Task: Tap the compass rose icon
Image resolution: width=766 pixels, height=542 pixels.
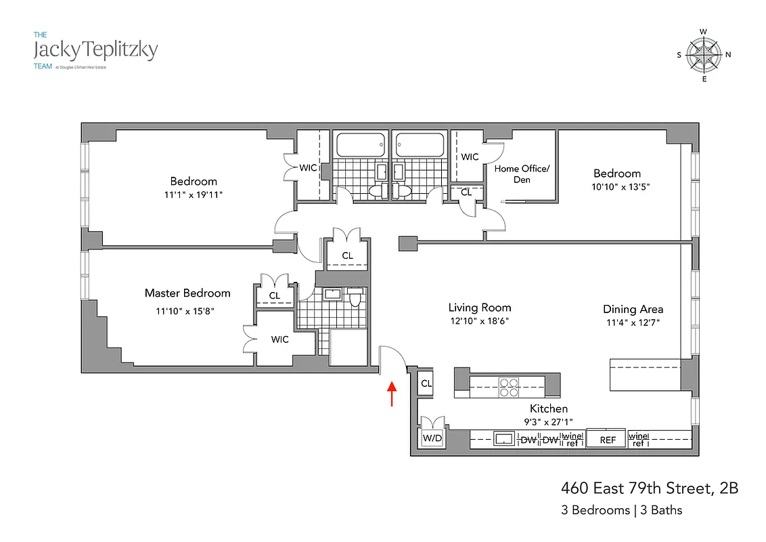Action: click(704, 56)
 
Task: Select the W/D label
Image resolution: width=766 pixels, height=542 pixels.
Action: click(431, 439)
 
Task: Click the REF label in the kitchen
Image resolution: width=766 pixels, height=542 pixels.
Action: click(607, 440)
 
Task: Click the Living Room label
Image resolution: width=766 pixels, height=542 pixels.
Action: click(480, 308)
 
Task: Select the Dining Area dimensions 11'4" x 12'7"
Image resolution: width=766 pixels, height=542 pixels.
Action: click(632, 322)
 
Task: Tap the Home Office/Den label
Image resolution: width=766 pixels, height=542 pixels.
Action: click(522, 173)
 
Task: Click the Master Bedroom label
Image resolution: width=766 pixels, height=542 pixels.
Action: click(187, 293)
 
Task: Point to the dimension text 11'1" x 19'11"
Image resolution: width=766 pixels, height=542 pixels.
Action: click(194, 194)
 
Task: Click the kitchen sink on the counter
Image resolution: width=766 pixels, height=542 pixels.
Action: click(503, 439)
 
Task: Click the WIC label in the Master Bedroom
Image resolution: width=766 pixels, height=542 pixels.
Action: click(279, 339)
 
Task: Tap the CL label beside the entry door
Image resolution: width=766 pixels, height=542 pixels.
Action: click(426, 383)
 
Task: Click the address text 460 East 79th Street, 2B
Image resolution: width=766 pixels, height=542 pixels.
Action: click(649, 488)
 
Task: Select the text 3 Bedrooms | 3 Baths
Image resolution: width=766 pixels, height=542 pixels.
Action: click(622, 510)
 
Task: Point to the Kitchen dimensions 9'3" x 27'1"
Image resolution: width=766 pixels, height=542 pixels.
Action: click(548, 421)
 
